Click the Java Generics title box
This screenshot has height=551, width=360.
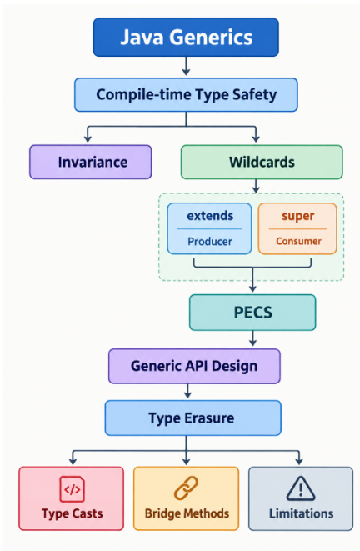[x=186, y=38]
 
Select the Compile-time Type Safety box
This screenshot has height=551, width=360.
[x=186, y=95]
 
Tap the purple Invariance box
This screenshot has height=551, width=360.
[x=91, y=162]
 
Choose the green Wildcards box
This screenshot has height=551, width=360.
[x=262, y=162]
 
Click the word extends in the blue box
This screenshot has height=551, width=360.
[x=210, y=215]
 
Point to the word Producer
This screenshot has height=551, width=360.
[x=210, y=242]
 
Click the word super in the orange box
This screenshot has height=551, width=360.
[x=297, y=216]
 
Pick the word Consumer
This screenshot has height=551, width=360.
[x=298, y=241]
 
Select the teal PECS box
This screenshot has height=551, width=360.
[x=252, y=313]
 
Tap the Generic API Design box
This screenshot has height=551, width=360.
[x=194, y=366]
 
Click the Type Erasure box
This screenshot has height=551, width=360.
[x=192, y=418]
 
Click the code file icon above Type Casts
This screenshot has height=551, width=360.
[x=72, y=488]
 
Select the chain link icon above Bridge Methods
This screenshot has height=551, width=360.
[x=186, y=488]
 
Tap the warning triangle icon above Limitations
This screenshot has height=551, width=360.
[x=301, y=488]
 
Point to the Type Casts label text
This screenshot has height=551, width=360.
[x=72, y=513]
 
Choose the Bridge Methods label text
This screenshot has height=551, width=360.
[x=187, y=513]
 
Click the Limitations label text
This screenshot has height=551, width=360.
[x=301, y=513]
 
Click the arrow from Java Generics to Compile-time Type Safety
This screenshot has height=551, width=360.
[x=186, y=66]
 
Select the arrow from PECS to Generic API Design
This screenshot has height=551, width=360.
[x=252, y=338]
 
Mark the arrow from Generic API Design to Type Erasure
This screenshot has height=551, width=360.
[x=187, y=391]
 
